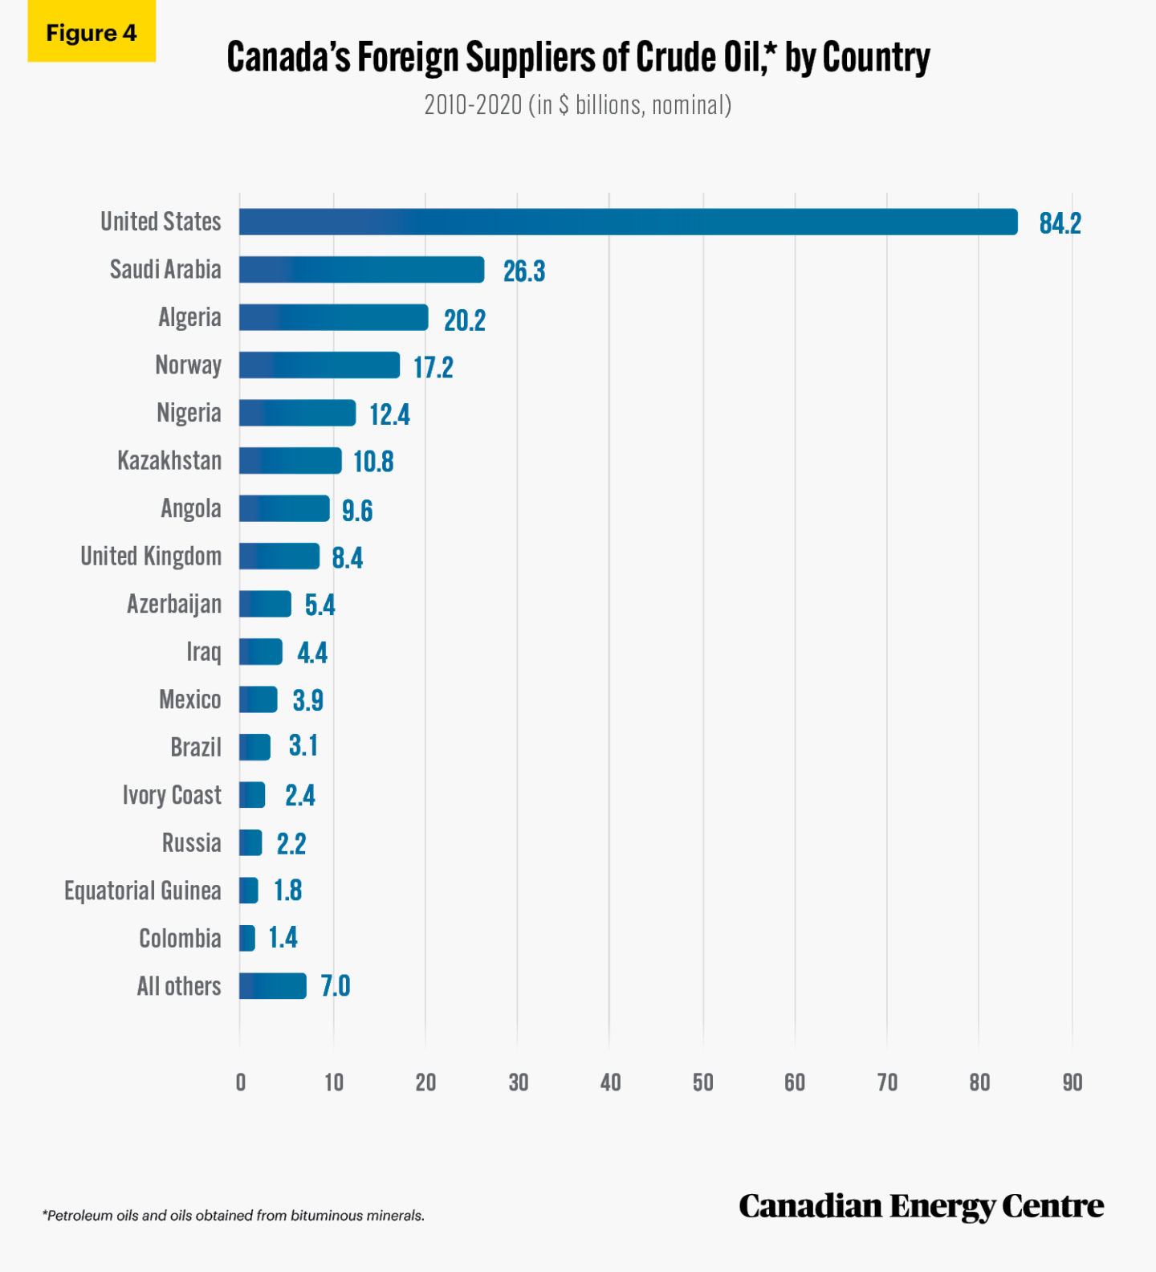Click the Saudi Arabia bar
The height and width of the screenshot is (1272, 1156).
tap(361, 270)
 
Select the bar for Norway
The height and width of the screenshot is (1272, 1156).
tap(319, 365)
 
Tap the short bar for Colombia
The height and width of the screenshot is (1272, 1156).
tap(247, 938)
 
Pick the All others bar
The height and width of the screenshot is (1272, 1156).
tap(272, 986)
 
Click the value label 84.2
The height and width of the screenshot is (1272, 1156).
tap(1060, 223)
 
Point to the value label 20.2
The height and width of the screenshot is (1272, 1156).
tap(464, 320)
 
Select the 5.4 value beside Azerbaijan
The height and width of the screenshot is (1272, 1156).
tap(320, 605)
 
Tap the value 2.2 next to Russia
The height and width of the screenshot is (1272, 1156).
tap(291, 844)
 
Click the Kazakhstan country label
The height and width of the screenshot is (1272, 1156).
tap(169, 461)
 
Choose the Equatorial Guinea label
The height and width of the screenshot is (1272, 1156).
tap(143, 891)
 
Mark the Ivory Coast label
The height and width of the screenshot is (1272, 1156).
tap(172, 795)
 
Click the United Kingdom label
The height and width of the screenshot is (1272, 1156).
tap(151, 556)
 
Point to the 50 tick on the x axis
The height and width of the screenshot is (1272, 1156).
tap(702, 1082)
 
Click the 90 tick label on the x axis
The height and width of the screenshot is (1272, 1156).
tap(1072, 1082)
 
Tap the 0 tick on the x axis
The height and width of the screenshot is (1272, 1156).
tap(240, 1082)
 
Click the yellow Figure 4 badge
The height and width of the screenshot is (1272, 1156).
tap(92, 33)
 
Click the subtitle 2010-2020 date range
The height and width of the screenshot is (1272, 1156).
tap(473, 105)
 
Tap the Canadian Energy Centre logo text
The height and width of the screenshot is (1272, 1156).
tap(921, 1206)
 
